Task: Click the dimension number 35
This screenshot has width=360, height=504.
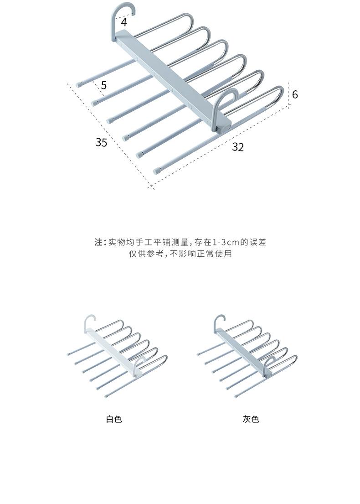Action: pos(101,142)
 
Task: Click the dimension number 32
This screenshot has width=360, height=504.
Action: pos(238,147)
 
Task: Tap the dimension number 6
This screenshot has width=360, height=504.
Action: pos(295,94)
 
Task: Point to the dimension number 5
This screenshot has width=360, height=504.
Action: pos(104,85)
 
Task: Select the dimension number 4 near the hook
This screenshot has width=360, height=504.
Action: pos(124,21)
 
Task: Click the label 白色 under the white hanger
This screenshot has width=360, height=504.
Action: pos(114,419)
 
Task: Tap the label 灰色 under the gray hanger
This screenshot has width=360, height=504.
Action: pos(251,419)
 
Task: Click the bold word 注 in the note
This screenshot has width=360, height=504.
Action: pos(98,242)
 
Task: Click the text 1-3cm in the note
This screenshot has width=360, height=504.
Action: pos(226,242)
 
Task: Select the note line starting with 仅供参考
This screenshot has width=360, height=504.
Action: pos(180,254)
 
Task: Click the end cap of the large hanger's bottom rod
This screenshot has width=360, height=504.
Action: pos(157,172)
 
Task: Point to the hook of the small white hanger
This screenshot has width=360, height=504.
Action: pos(88,322)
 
